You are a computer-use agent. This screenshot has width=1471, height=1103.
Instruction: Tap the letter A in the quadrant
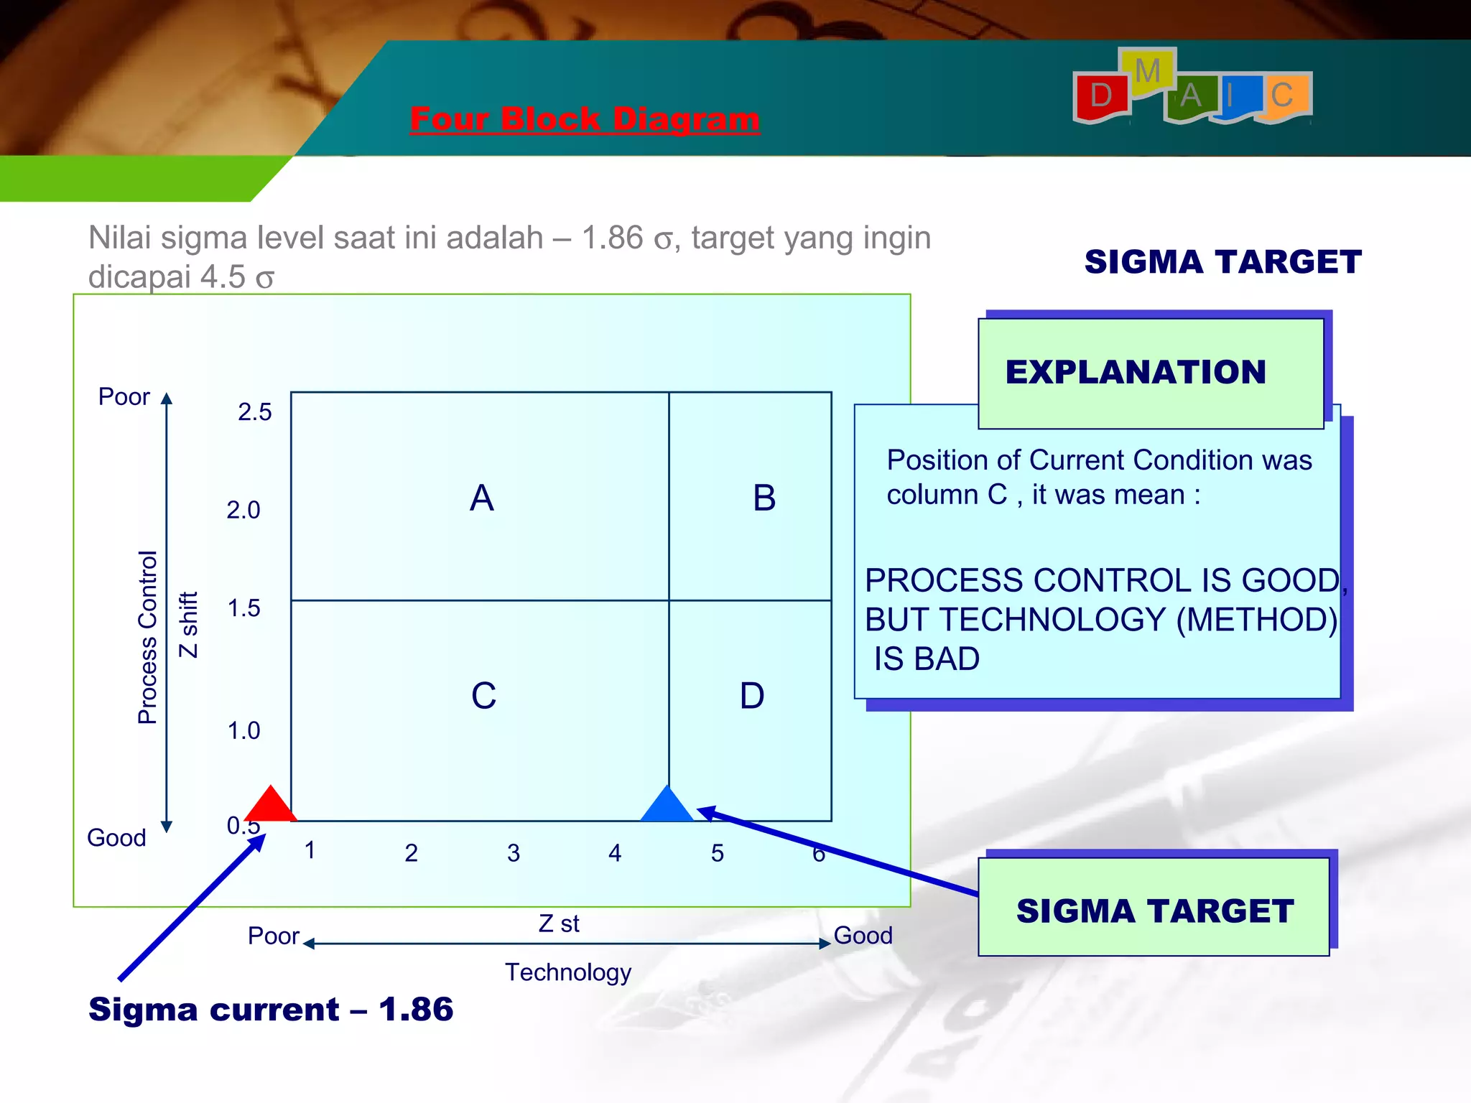(x=482, y=498)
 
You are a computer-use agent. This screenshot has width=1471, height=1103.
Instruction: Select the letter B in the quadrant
(x=764, y=498)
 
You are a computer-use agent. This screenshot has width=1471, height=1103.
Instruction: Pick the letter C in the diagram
(x=483, y=695)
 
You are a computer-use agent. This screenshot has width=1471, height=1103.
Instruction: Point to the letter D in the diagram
(x=752, y=695)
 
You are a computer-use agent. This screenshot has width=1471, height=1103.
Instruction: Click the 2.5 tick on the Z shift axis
(x=255, y=412)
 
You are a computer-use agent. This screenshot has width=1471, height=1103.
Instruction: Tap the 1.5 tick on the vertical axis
(x=243, y=608)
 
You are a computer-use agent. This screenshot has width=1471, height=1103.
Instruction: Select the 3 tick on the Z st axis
(x=513, y=853)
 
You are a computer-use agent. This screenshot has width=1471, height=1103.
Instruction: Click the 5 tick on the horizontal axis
(x=717, y=853)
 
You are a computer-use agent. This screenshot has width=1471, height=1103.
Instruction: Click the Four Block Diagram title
(x=585, y=119)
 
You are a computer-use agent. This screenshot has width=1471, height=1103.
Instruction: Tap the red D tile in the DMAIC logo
(x=1101, y=96)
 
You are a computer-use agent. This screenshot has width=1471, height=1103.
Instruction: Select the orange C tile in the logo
(x=1282, y=96)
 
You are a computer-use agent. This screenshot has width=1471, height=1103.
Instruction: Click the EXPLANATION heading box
(x=1150, y=373)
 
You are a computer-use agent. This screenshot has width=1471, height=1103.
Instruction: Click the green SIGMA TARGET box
(x=1154, y=909)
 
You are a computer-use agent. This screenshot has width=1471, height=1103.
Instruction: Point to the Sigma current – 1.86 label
(x=271, y=1009)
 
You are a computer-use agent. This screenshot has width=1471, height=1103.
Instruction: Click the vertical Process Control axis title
(x=147, y=637)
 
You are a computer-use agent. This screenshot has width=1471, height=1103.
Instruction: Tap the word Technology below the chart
(x=568, y=972)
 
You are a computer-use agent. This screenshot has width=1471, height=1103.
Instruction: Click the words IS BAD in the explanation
(x=927, y=658)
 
